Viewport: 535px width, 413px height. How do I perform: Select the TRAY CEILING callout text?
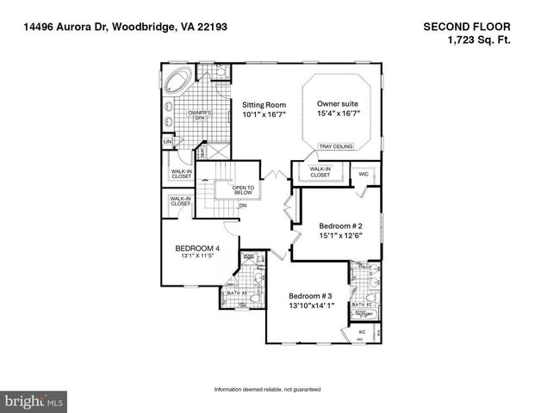[x=336, y=146]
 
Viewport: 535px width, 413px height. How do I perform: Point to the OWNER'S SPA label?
[x=201, y=114]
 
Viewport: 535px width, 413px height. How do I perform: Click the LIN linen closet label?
[x=168, y=142]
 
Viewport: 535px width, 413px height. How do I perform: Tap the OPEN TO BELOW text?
[x=244, y=190]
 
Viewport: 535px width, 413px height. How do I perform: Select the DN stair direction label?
[x=243, y=206]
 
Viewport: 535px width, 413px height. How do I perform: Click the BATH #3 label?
[x=237, y=293]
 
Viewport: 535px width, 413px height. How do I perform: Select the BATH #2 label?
[x=363, y=305]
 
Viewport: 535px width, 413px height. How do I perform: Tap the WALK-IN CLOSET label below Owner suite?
[x=320, y=172]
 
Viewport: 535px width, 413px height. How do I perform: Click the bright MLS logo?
[x=34, y=401]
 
